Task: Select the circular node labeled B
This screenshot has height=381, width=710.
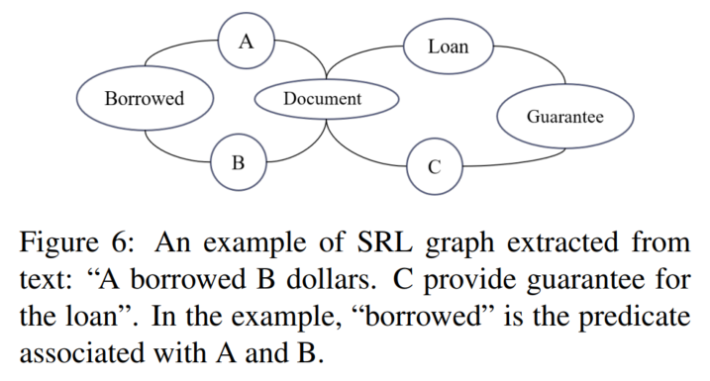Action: pyautogui.click(x=238, y=161)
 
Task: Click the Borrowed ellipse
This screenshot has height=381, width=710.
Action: pyautogui.click(x=145, y=98)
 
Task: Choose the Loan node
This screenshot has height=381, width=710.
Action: pyautogui.click(x=448, y=46)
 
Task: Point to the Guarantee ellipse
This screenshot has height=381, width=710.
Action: pyautogui.click(x=564, y=116)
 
